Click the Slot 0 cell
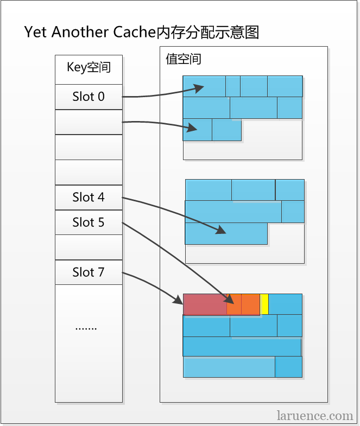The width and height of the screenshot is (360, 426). point(89,97)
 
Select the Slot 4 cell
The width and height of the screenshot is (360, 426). point(89,197)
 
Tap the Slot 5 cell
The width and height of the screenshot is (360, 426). point(89,222)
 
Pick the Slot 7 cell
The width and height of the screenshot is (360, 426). point(89,272)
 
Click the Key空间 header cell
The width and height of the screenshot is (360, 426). point(89,69)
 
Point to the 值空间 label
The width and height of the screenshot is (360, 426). point(184,59)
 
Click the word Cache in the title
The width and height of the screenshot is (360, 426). point(134,32)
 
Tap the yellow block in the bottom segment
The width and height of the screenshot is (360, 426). point(264,304)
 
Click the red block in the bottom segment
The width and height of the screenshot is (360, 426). point(205,304)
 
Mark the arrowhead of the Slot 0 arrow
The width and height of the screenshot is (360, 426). point(199,88)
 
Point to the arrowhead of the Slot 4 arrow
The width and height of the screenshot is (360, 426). point(221,230)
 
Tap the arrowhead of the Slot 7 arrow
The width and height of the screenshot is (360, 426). point(178,300)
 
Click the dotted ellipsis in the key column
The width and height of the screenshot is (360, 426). point(86,329)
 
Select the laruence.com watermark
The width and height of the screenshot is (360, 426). point(315,416)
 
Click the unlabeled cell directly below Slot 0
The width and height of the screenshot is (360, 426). point(89,122)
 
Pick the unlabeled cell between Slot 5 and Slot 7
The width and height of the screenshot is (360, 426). point(89,247)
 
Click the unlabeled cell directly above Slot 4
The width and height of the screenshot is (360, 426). point(89,172)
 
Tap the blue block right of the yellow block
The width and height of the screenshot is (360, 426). point(285,304)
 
